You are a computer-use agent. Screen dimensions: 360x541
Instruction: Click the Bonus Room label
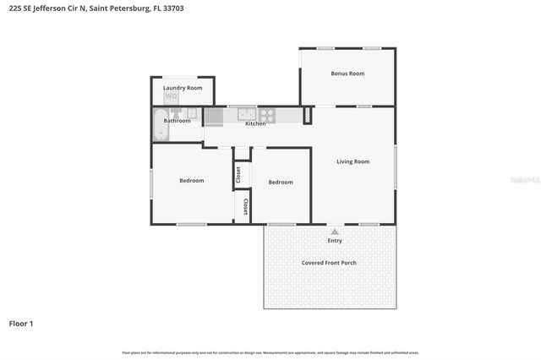tap(347, 74)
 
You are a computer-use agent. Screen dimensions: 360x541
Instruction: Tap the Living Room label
tap(352, 161)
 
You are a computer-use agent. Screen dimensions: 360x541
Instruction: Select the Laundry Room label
tap(183, 88)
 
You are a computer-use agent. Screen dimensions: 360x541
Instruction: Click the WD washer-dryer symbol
tap(172, 97)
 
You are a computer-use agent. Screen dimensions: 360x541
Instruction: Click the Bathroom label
tap(177, 121)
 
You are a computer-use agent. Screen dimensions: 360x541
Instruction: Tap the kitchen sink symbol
tap(246, 113)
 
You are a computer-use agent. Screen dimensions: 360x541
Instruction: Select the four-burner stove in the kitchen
tap(267, 114)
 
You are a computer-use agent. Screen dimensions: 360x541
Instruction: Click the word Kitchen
tap(255, 124)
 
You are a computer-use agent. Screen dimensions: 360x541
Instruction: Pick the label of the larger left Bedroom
tap(191, 181)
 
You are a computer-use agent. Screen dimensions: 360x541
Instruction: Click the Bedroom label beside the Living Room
tap(281, 183)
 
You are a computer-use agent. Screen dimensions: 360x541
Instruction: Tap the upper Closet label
tap(238, 174)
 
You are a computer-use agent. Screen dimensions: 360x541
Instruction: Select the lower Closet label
tap(245, 206)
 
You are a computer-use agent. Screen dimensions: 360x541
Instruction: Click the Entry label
tap(335, 241)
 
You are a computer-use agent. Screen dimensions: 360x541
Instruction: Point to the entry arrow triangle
tap(335, 231)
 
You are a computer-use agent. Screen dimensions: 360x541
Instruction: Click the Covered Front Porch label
tap(329, 263)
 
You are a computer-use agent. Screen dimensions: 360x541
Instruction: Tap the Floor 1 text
tap(21, 324)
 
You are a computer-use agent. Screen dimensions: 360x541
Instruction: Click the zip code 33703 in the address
tap(172, 8)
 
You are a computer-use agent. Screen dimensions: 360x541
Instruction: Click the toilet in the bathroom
tap(175, 112)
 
